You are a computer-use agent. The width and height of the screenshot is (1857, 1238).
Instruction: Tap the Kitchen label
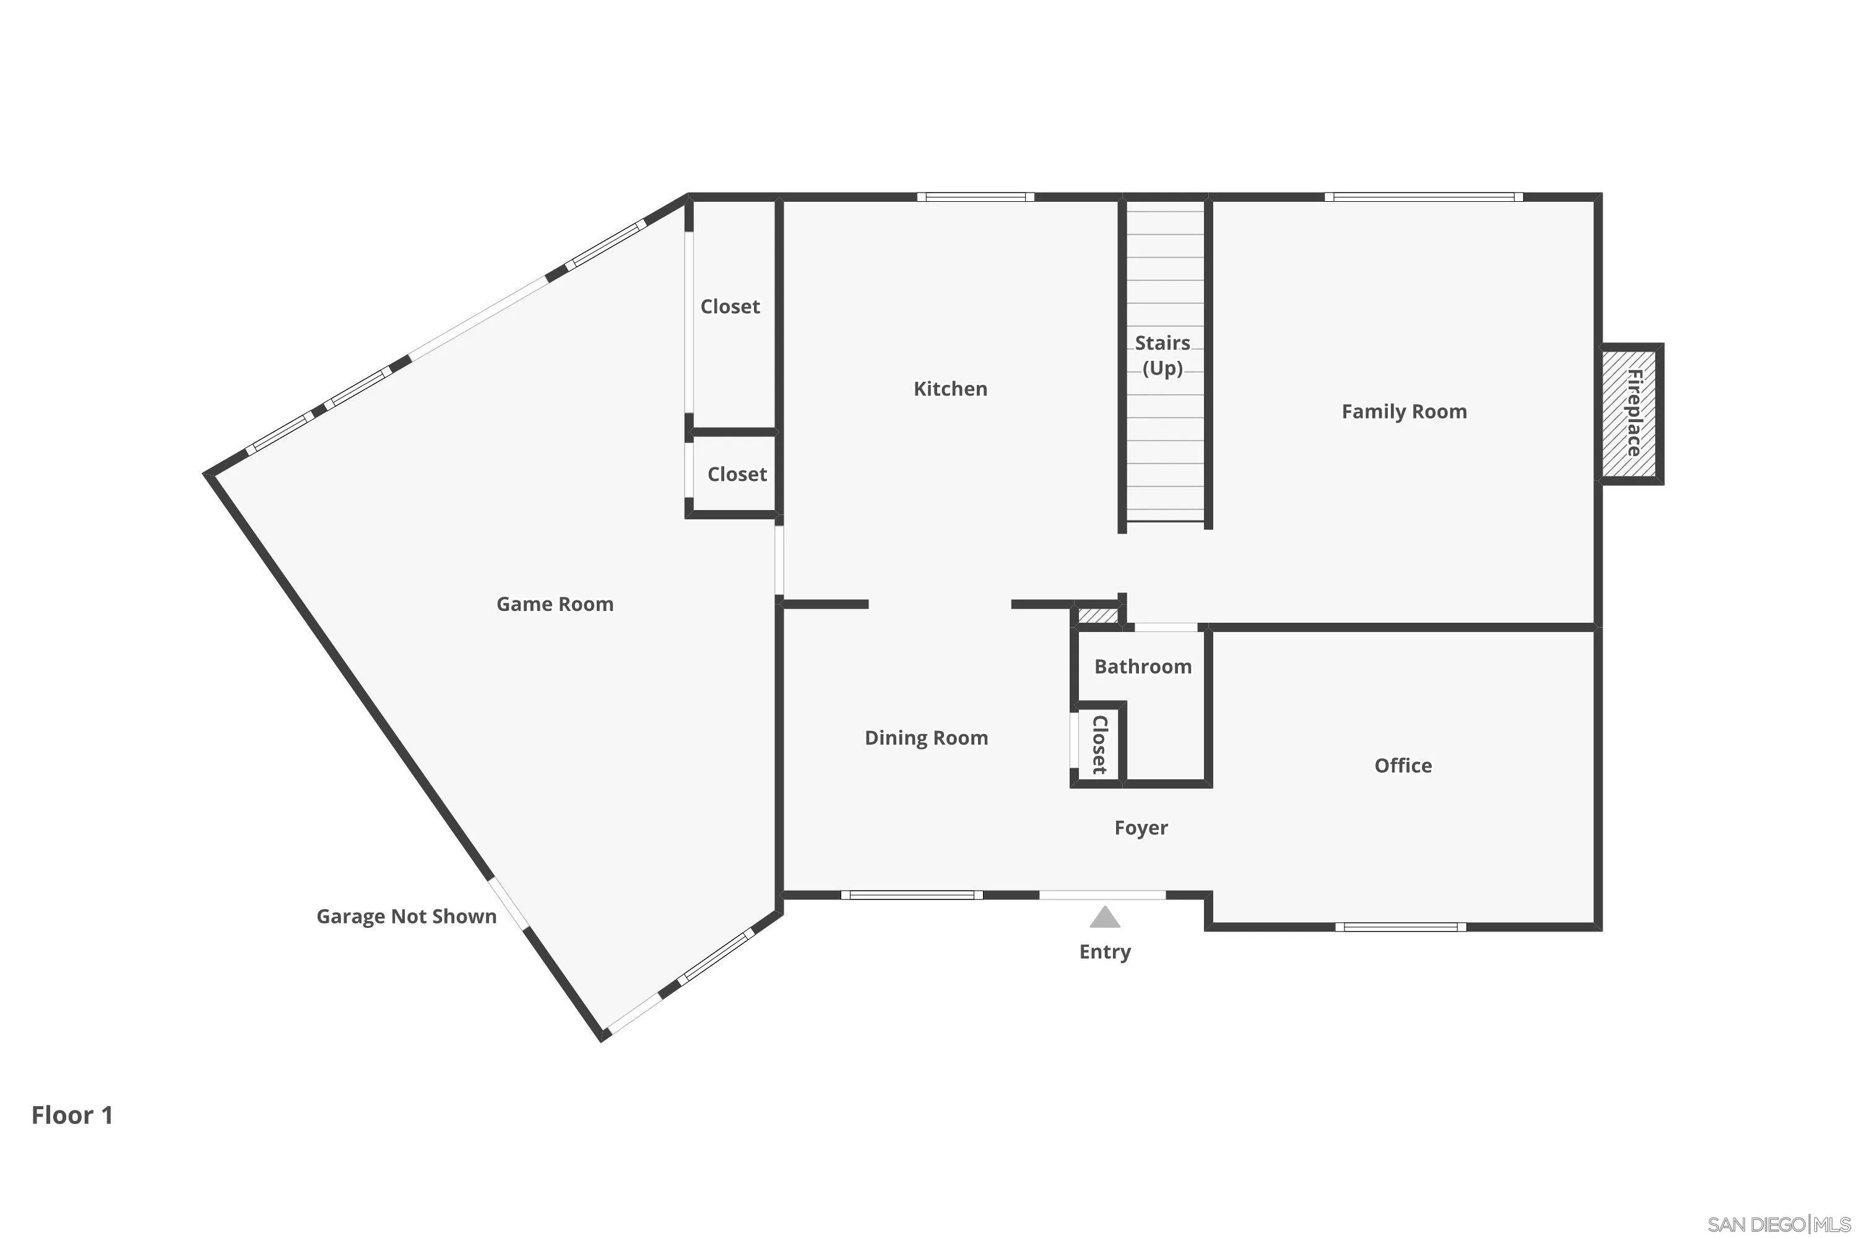[x=950, y=389]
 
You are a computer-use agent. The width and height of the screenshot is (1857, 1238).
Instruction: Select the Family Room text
[x=1404, y=412]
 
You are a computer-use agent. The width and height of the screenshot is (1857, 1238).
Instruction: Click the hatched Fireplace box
[x=1630, y=413]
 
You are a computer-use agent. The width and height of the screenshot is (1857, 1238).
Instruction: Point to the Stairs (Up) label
[x=1162, y=355]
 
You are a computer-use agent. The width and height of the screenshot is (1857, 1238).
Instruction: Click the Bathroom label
[x=1143, y=667]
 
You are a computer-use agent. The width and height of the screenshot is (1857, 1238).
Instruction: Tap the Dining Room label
[x=926, y=737]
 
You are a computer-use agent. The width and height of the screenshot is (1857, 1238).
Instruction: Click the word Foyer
[x=1141, y=828]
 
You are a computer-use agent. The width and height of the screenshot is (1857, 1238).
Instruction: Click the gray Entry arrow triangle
[x=1104, y=917]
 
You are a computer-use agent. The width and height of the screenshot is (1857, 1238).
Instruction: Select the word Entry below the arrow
[x=1104, y=951]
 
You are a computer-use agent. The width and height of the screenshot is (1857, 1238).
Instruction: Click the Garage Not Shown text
[x=406, y=916]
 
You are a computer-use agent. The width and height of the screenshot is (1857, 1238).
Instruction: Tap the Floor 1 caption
[x=72, y=1115]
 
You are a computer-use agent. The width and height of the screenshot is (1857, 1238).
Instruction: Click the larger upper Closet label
[x=730, y=306]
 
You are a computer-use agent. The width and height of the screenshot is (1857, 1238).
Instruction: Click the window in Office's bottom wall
[x=1401, y=927]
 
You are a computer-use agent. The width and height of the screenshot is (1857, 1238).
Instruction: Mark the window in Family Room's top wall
[x=1424, y=197]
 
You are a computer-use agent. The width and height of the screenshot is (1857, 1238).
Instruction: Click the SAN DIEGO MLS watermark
[x=1779, y=1224]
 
